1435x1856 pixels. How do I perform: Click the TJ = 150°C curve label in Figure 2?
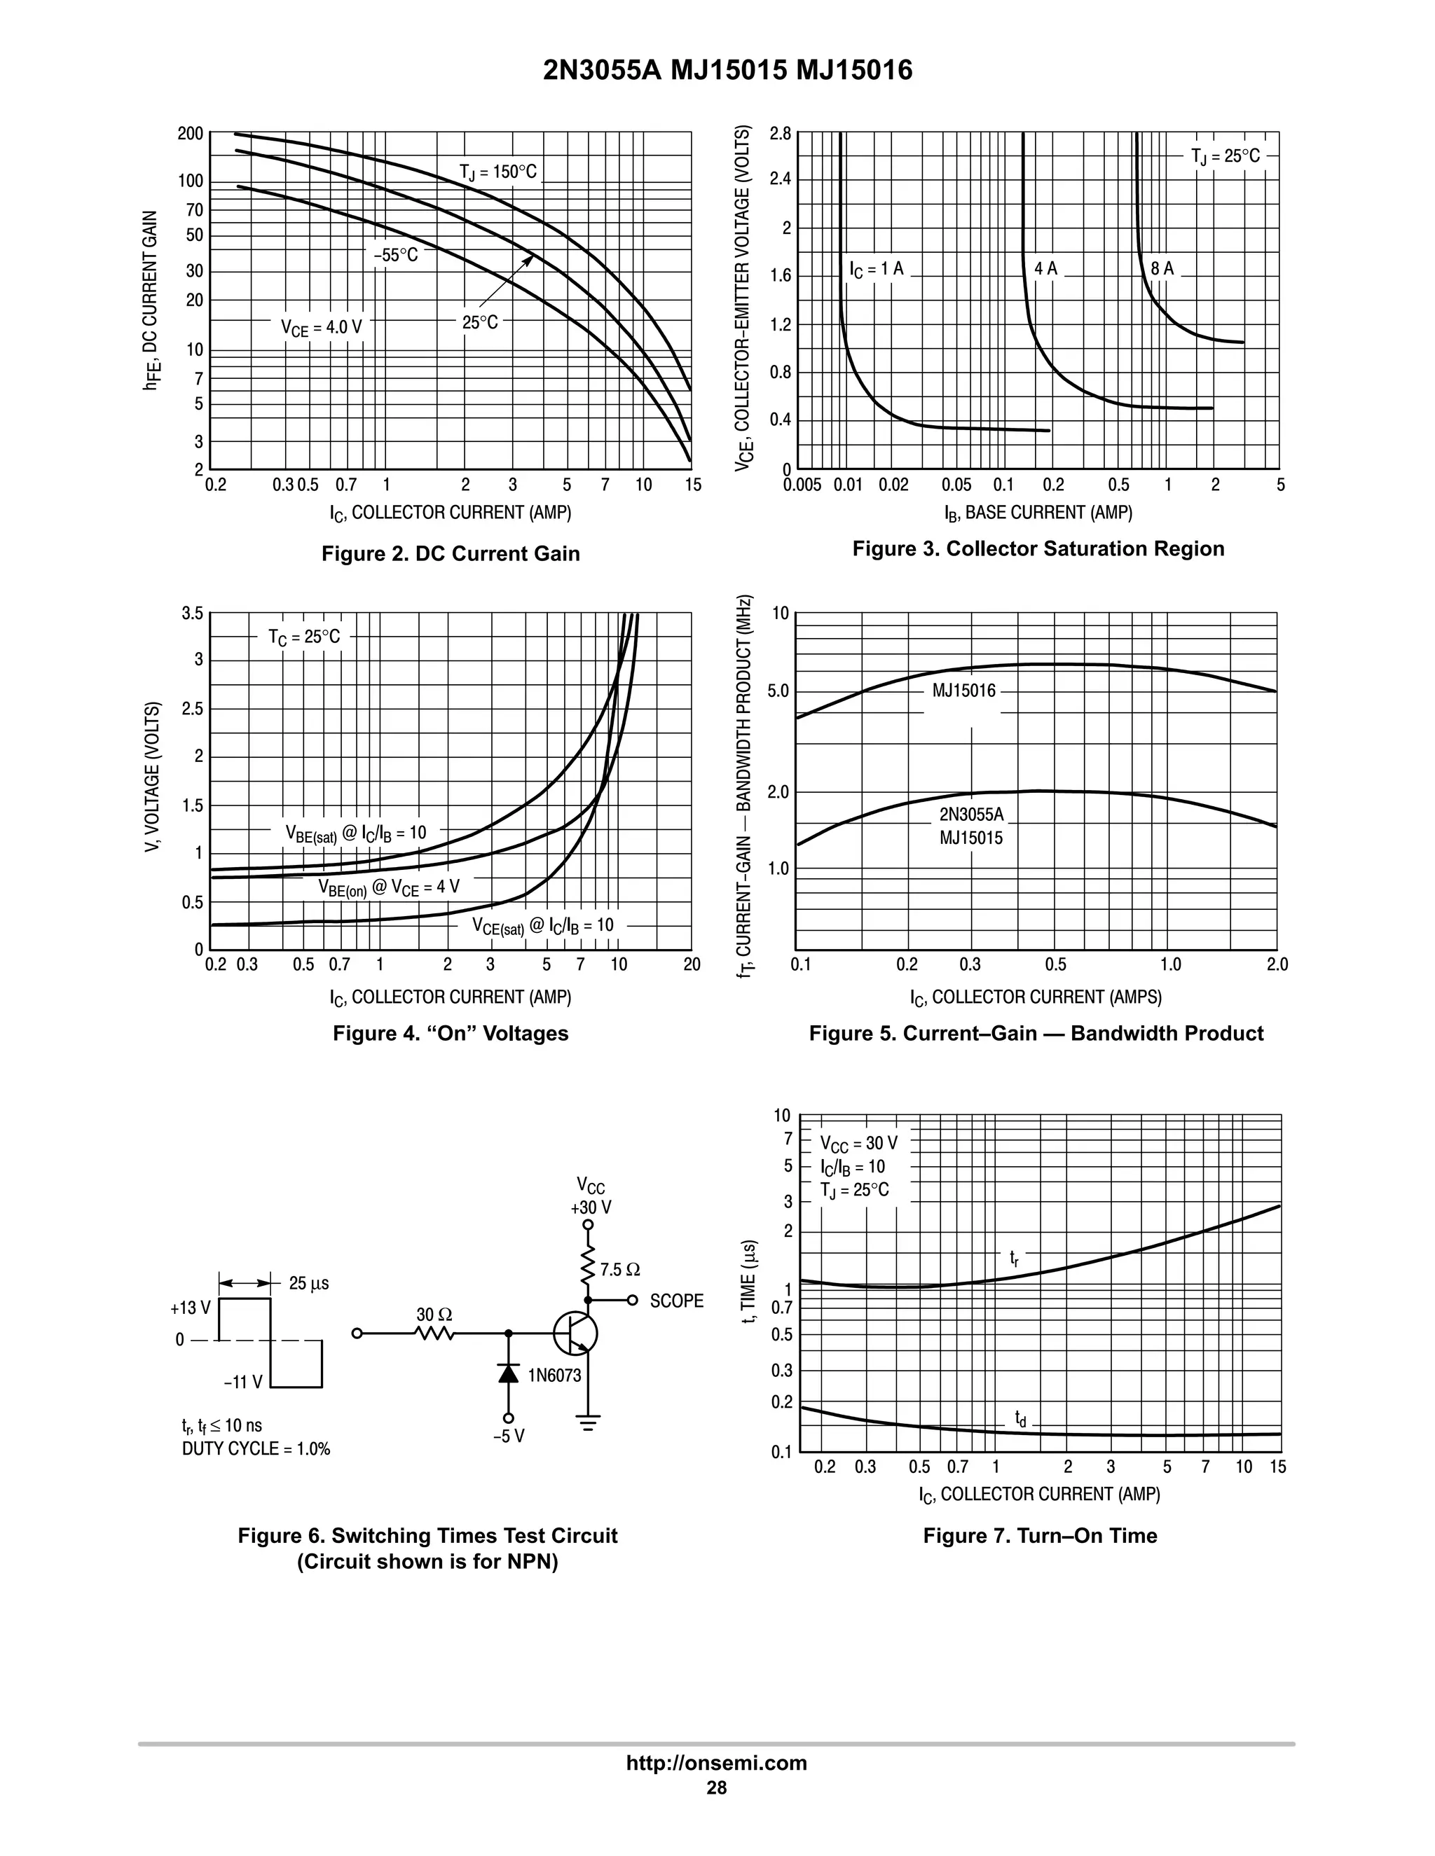point(498,172)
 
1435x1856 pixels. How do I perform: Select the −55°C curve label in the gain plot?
point(396,255)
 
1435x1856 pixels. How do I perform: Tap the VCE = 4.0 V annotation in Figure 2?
point(322,327)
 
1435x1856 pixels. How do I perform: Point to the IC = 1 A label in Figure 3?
point(877,270)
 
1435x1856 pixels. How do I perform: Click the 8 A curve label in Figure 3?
point(1162,268)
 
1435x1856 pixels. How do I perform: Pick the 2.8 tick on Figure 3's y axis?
point(780,133)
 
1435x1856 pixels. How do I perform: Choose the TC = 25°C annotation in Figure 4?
point(304,637)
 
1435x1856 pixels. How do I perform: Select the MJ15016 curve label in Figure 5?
point(963,690)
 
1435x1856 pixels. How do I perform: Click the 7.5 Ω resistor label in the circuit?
point(619,1270)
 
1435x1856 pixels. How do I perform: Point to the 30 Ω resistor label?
point(434,1315)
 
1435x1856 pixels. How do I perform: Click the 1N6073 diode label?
point(554,1375)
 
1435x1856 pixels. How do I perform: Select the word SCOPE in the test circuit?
point(677,1301)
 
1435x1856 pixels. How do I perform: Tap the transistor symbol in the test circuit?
point(575,1334)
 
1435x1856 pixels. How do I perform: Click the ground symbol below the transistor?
point(587,1422)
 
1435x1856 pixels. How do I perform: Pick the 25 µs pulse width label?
point(308,1283)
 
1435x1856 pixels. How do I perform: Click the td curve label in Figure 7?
point(1020,1418)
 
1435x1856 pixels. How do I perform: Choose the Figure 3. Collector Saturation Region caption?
point(1038,549)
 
